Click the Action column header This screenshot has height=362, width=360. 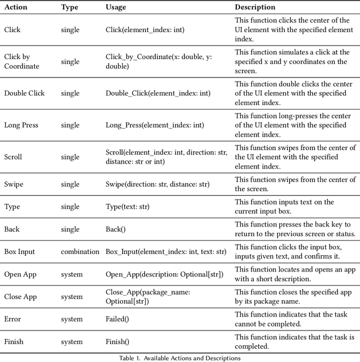coord(16,7)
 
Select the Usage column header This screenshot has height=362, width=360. coord(116,7)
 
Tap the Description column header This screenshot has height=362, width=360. coord(255,7)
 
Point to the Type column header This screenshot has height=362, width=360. coord(70,7)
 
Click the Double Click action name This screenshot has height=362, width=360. coord(24,93)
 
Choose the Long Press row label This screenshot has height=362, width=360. coord(21,125)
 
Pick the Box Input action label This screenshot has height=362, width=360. coord(19,251)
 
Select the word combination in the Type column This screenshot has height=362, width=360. coord(80,251)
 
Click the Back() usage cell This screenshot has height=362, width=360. coord(116,229)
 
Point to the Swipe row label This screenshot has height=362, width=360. coord(13,184)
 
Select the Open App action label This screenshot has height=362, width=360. coord(20,274)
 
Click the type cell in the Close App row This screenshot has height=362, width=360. coord(71,297)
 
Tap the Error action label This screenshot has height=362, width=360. coord(12,319)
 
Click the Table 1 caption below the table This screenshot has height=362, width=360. coord(179,358)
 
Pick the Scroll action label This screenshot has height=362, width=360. coord(13,157)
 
